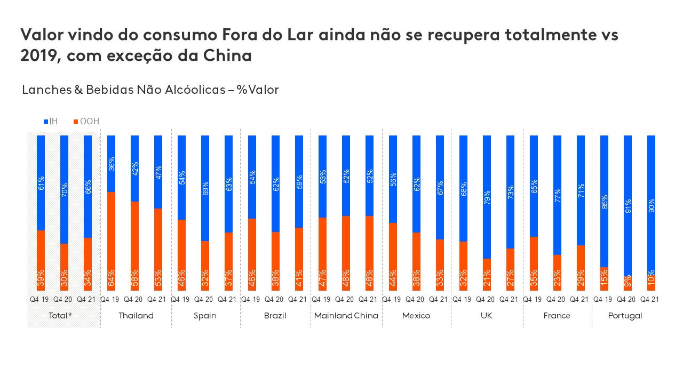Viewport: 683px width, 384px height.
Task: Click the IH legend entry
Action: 51,122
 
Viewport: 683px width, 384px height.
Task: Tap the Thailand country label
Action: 136,316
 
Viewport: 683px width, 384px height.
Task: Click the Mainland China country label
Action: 346,316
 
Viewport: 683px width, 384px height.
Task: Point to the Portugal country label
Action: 625,316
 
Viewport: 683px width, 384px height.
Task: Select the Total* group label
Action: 60,316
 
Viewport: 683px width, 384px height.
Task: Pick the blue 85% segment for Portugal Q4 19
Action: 604,201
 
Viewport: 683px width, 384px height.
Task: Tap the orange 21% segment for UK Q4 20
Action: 487,275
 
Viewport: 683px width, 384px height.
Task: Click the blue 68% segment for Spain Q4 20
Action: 205,188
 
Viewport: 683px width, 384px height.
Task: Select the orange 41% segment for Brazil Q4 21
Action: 299,259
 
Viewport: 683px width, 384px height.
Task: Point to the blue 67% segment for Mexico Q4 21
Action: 440,187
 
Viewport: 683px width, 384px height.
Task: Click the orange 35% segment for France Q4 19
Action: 534,263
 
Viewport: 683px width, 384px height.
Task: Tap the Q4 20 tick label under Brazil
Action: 275,299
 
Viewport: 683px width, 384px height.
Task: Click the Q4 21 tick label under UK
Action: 510,299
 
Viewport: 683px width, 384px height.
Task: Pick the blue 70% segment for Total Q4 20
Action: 64,189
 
